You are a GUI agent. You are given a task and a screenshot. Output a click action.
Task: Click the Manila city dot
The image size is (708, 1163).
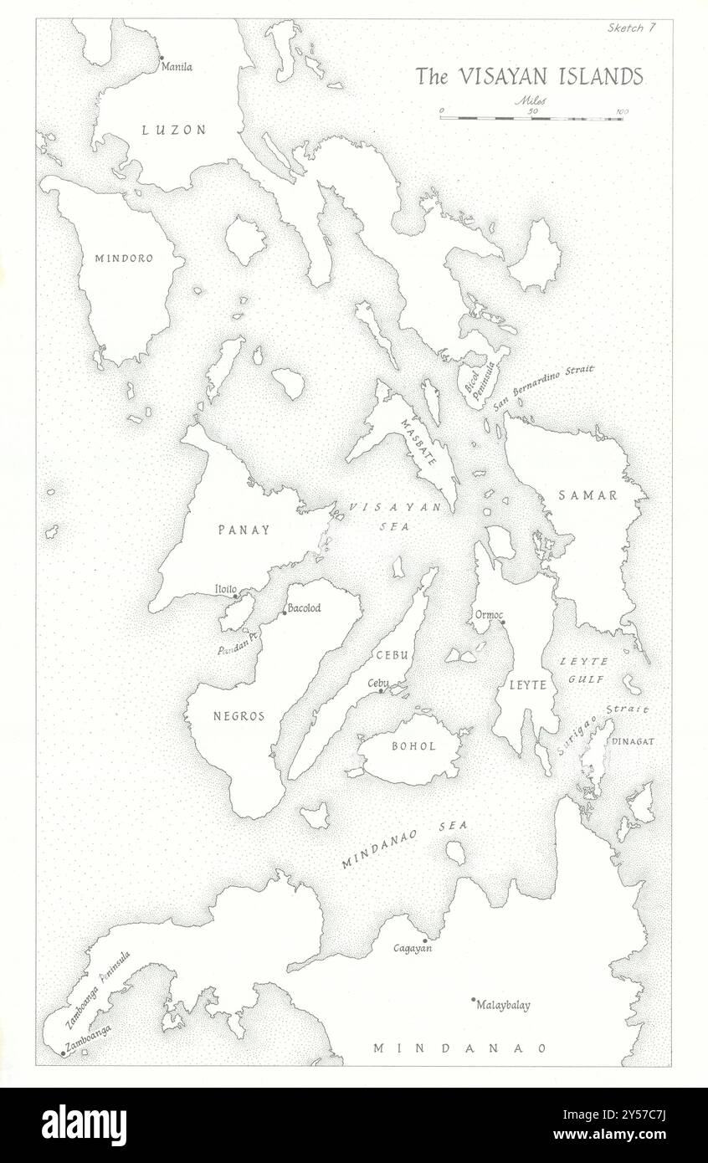pos(161,58)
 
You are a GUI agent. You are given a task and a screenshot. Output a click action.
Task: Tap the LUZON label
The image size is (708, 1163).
pos(173,129)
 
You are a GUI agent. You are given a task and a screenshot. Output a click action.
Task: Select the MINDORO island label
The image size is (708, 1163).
pos(123,259)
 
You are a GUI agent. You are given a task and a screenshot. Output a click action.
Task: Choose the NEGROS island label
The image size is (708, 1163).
pos(239,716)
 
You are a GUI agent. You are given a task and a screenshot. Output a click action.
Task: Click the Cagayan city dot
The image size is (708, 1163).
pos(425,940)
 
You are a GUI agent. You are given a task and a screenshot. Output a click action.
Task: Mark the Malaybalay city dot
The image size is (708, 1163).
pos(473,999)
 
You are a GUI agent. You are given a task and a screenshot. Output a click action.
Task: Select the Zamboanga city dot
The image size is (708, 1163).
pos(63,1053)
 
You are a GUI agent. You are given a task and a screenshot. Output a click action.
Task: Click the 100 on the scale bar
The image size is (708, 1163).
pos(622,110)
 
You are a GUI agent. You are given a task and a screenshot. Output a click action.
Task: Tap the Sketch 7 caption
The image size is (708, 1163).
pos(633,28)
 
